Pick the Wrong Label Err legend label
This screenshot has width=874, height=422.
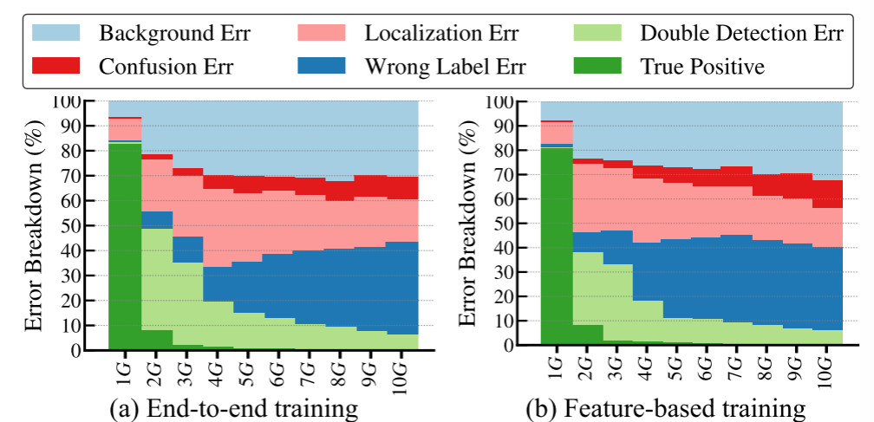pos(443,64)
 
